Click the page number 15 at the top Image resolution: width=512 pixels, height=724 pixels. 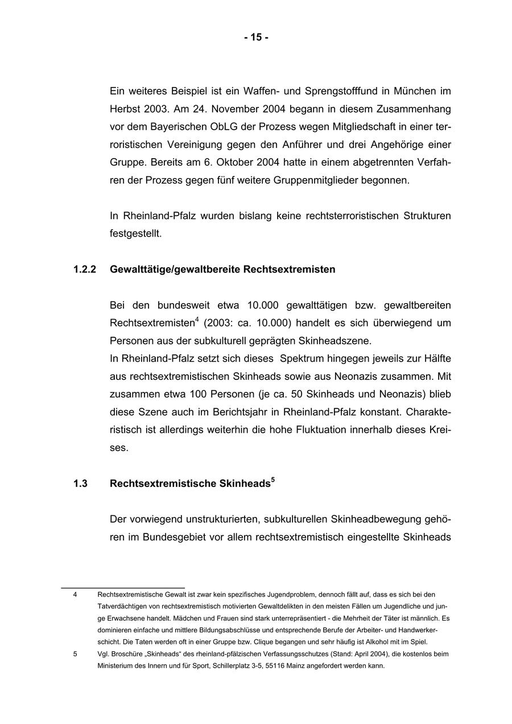click(x=256, y=38)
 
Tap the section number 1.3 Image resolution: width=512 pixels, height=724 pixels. click(x=80, y=484)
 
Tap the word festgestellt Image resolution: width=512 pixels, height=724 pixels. click(x=135, y=234)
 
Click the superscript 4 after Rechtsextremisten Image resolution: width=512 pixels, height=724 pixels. click(x=197, y=320)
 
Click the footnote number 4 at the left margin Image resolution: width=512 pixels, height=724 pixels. click(x=75, y=594)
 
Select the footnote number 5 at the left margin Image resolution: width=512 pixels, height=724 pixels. click(x=75, y=654)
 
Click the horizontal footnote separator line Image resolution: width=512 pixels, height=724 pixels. click(x=123, y=588)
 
